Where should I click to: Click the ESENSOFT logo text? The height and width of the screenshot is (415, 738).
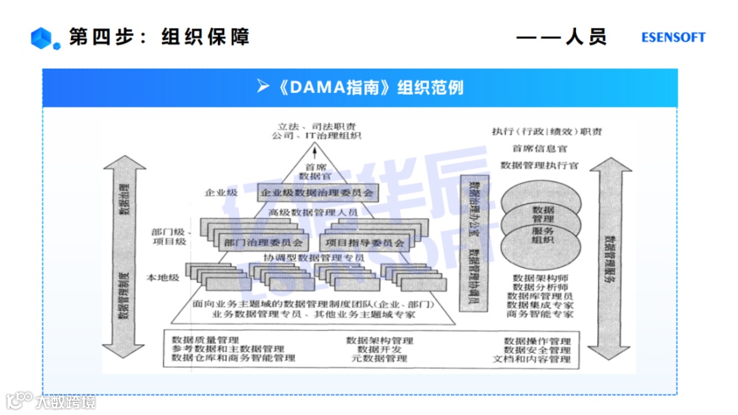[x=673, y=38]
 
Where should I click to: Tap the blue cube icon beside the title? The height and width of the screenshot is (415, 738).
[x=41, y=38]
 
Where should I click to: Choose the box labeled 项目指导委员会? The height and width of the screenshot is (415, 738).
[x=364, y=242]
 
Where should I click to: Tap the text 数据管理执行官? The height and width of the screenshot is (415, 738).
[x=539, y=165]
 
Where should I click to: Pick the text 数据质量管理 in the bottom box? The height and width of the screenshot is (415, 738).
[x=205, y=339]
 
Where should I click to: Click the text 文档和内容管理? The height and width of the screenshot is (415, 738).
[x=536, y=359]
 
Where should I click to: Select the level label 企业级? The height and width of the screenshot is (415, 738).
[x=221, y=193]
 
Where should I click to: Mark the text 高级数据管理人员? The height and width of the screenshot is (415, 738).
[x=314, y=213]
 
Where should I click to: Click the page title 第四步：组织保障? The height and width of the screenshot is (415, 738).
[x=159, y=37]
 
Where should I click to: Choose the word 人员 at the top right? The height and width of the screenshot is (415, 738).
[x=586, y=37]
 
